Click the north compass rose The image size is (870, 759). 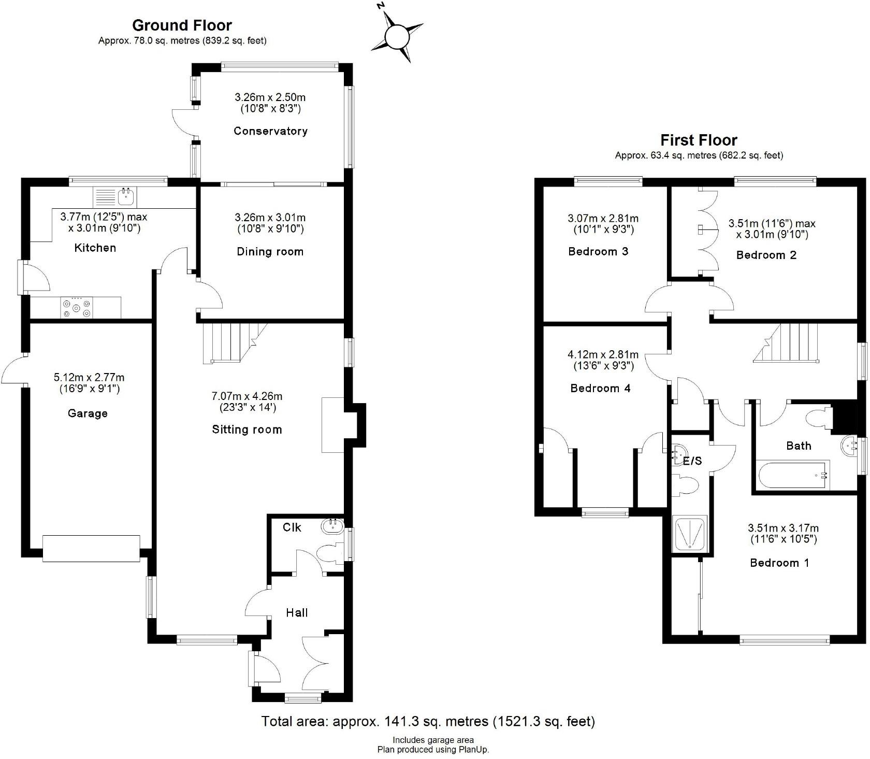click(397, 37)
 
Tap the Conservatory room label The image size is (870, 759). click(270, 131)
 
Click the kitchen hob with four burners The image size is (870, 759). click(77, 308)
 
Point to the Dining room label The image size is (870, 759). click(270, 252)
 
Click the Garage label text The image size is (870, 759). click(88, 413)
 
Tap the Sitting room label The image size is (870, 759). click(247, 429)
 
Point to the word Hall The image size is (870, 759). click(297, 613)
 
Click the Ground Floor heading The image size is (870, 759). click(182, 25)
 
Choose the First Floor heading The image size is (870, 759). click(699, 140)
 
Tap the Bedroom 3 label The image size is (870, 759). click(598, 252)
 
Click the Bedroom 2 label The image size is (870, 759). click(766, 255)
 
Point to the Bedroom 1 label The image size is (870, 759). click(779, 563)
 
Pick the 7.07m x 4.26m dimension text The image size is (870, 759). click(247, 396)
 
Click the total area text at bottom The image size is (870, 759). click(428, 721)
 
